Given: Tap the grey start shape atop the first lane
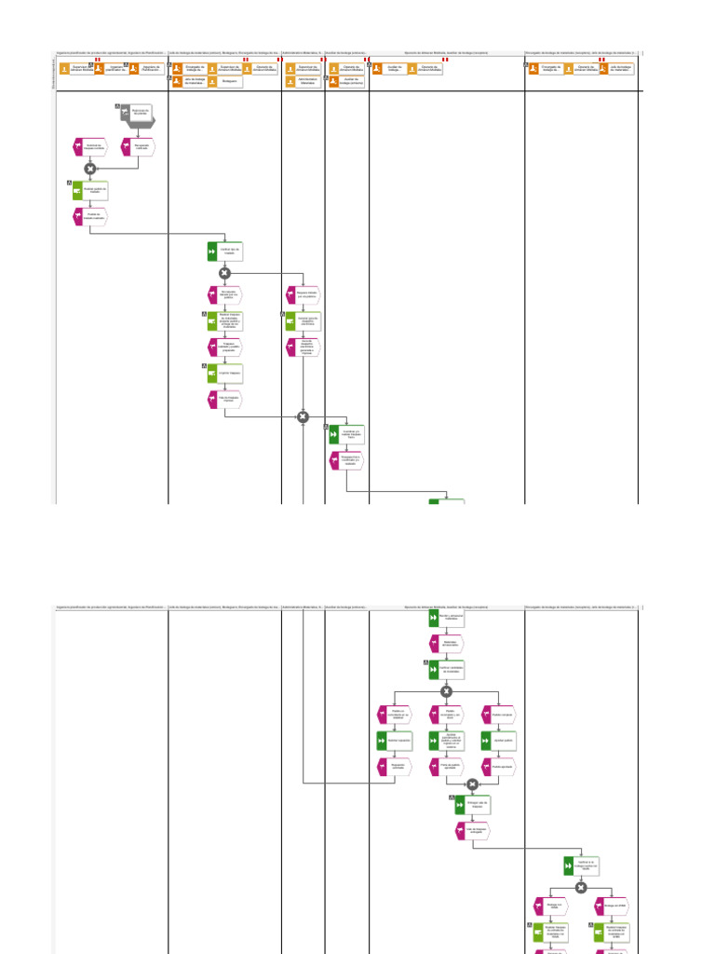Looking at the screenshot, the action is tap(136, 114).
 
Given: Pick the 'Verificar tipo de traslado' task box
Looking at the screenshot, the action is tap(225, 252).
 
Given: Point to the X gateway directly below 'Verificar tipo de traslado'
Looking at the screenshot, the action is tap(224, 273).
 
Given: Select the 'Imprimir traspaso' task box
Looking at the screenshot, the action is tap(225, 374).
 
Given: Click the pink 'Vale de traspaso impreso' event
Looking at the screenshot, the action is tap(225, 399).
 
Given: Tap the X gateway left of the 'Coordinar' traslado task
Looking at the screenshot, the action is tap(303, 416).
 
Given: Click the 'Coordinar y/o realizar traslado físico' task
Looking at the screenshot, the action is tap(347, 434).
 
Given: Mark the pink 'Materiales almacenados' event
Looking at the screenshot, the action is tap(446, 644).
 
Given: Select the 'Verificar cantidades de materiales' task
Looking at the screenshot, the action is tap(446, 670).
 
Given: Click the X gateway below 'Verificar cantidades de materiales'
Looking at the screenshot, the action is tap(446, 691).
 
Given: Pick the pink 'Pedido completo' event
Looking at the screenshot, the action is tap(498, 715).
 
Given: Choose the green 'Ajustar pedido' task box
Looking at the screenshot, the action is tap(498, 741).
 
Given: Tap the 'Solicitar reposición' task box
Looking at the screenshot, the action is tap(394, 741).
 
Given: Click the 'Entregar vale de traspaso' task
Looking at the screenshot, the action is tap(473, 804).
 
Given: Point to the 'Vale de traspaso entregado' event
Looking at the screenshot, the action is tap(473, 830).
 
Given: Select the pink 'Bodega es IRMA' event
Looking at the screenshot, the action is tap(611, 905).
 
